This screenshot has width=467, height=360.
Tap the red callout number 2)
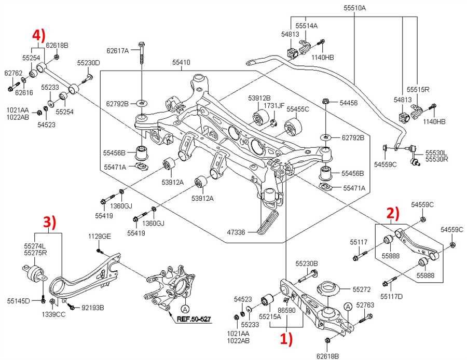tap(393, 213)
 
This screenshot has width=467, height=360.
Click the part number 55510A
tap(354, 8)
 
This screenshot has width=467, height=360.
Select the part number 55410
tap(181, 63)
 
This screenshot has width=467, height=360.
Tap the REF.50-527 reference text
tap(195, 320)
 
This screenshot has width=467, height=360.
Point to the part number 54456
tap(348, 103)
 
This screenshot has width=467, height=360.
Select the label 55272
tap(362, 288)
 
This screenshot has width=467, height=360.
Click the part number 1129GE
tap(99, 236)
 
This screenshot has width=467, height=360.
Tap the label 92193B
tap(93, 308)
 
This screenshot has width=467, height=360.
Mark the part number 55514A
tap(307, 25)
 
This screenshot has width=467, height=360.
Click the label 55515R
tap(418, 89)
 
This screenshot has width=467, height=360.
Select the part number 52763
tap(364, 306)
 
